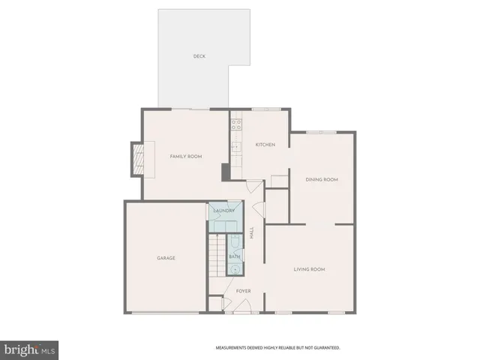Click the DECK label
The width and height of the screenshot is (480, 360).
click(x=199, y=56)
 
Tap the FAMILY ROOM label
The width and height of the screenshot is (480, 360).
click(x=185, y=156)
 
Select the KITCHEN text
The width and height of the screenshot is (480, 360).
click(x=265, y=144)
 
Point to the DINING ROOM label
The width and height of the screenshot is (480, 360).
click(x=322, y=179)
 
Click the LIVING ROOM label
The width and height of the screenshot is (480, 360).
click(x=309, y=268)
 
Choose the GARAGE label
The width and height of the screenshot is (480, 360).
click(x=166, y=258)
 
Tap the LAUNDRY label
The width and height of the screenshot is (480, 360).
click(x=224, y=211)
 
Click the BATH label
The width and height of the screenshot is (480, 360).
click(x=234, y=256)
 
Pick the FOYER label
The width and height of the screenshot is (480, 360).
click(x=243, y=290)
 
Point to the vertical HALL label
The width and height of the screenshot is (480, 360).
click(x=252, y=233)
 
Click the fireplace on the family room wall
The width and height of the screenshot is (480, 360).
click(x=136, y=158)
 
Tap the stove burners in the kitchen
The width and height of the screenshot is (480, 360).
click(x=235, y=124)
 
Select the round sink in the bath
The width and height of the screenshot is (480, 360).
click(x=235, y=268)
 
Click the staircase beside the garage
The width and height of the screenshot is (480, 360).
click(x=217, y=255)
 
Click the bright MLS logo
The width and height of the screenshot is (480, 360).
click(x=29, y=350)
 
